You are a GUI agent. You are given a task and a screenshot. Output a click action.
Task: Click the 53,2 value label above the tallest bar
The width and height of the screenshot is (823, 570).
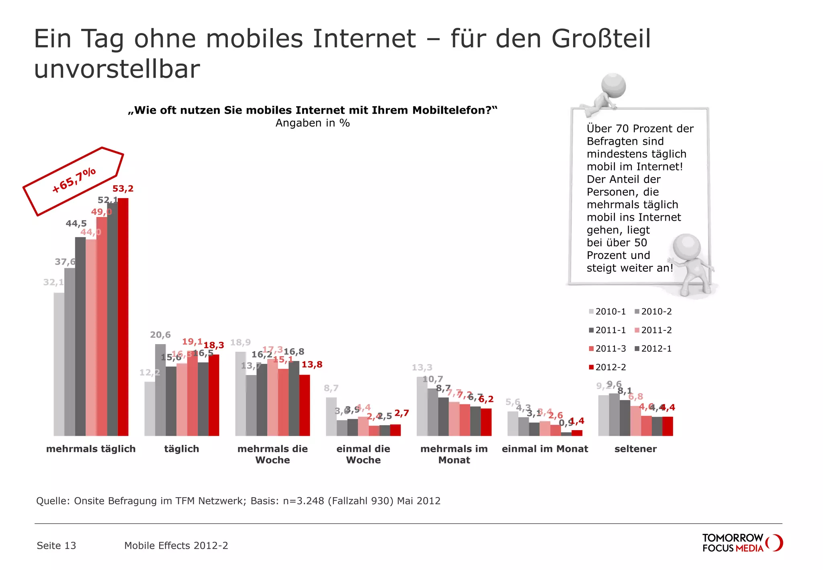tap(123, 189)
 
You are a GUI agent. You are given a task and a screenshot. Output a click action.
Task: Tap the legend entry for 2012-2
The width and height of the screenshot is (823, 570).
tap(607, 367)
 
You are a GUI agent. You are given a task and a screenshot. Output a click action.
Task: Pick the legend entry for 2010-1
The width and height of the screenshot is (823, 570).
tap(607, 312)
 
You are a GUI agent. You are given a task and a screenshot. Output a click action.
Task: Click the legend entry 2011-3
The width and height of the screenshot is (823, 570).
tap(607, 349)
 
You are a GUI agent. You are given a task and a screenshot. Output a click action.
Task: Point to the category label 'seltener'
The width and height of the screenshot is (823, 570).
tap(635, 449)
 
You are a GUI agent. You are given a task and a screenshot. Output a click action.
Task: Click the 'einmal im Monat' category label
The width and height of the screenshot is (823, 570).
tap(545, 449)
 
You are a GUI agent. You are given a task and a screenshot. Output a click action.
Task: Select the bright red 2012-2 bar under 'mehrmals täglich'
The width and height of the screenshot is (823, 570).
tap(123, 318)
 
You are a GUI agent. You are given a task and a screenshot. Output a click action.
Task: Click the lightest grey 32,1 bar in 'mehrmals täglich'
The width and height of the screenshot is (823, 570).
tap(59, 364)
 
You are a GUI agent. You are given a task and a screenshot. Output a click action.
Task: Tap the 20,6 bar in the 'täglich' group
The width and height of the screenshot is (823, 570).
tap(160, 390)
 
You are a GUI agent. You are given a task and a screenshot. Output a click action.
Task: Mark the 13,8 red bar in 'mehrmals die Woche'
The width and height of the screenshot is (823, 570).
tap(305, 405)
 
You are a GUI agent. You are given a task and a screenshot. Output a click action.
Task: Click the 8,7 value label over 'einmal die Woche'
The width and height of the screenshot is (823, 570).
tap(331, 388)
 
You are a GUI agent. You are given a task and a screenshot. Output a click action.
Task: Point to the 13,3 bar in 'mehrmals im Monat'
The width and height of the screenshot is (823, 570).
tap(422, 406)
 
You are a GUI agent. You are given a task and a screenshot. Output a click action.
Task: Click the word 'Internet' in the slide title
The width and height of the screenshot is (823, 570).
tap(364, 39)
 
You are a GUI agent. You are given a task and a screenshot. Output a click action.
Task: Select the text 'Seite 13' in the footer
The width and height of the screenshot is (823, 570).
tap(56, 545)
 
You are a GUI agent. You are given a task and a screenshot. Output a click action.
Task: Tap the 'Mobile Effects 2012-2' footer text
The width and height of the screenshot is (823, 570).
tap(176, 545)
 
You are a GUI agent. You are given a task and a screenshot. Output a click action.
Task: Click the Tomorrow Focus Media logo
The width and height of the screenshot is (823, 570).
tap(742, 543)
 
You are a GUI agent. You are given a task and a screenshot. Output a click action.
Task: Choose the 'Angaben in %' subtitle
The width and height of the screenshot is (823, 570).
tap(313, 123)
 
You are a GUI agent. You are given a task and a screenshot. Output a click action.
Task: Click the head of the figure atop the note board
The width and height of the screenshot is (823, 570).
tap(613, 85)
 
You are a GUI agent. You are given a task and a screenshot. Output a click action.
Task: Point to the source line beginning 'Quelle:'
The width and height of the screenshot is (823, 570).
tap(238, 501)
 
